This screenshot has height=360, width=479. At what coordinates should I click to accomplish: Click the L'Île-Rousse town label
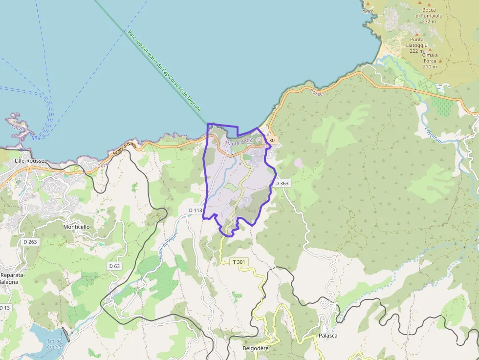point(30,161)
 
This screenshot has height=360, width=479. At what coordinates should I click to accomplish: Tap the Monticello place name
point(76,227)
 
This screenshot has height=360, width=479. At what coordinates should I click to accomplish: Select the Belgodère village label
point(256,348)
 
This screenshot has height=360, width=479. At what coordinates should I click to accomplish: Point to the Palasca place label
point(328,336)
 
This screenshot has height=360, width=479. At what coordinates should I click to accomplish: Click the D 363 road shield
point(282,183)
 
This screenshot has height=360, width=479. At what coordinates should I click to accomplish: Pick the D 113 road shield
point(195,210)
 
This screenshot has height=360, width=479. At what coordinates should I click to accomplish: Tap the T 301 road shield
point(240,262)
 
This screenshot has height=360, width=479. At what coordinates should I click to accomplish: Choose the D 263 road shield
point(30,241)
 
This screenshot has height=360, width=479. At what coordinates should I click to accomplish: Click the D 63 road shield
point(114,266)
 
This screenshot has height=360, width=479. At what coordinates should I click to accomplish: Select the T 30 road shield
point(271,140)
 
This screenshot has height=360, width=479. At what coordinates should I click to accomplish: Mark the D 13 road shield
point(4,307)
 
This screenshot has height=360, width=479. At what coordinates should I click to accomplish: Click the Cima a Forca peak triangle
point(440,61)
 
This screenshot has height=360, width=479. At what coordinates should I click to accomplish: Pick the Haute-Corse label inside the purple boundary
point(239,142)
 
